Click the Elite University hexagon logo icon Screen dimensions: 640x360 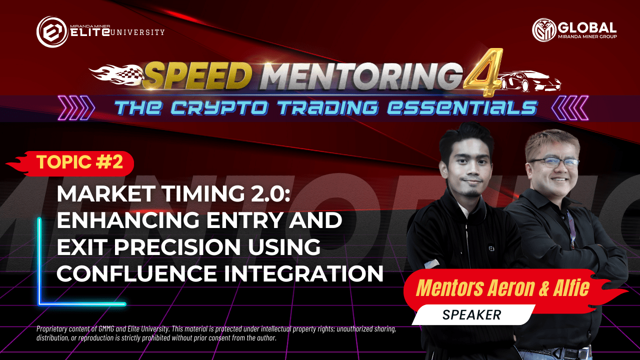[52, 31]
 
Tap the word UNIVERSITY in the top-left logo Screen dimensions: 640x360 [137, 32]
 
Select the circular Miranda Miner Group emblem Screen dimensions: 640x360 [544, 30]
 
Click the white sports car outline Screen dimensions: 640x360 [530, 81]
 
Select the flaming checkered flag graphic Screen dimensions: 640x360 [117, 75]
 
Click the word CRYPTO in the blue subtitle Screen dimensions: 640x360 [219, 108]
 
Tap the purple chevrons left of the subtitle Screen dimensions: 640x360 [76, 107]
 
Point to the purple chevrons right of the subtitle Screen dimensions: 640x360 [570, 107]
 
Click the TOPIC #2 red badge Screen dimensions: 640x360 [69, 163]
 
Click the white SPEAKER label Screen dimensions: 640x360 [472, 315]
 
